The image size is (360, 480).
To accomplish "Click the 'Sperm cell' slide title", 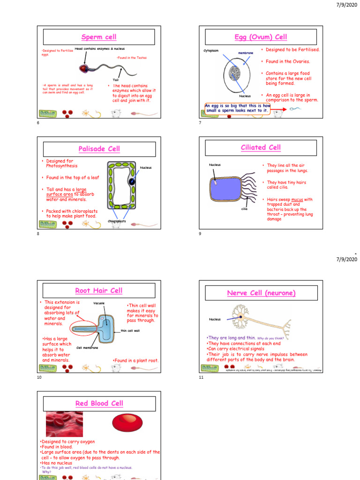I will pyautogui.click(x=99, y=37).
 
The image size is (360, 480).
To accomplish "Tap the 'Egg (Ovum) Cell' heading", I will pyautogui.click(x=261, y=37).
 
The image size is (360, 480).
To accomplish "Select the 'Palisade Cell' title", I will pyautogui.click(x=99, y=149).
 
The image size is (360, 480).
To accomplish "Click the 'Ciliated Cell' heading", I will pyautogui.click(x=261, y=147).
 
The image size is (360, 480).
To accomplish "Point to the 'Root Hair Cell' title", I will pyautogui.click(x=99, y=291).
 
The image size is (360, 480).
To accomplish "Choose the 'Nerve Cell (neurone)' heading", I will pyautogui.click(x=261, y=293).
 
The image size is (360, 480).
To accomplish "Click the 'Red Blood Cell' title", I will pyautogui.click(x=99, y=404).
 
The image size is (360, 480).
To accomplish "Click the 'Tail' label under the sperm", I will pyautogui.click(x=115, y=80).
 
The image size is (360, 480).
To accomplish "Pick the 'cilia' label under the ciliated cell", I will pyautogui.click(x=244, y=209).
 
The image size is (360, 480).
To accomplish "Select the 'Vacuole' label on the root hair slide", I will pyautogui.click(x=99, y=303).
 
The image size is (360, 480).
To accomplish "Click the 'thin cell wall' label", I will pyautogui.click(x=130, y=331).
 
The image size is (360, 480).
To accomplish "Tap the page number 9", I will pyautogui.click(x=200, y=234).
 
